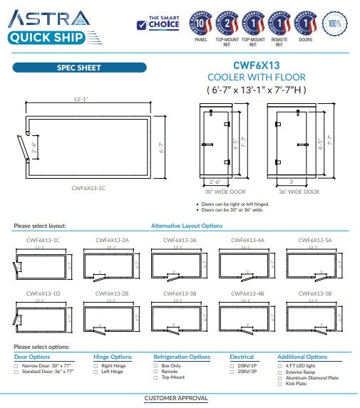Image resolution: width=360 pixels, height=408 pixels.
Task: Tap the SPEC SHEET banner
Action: pyautogui.click(x=79, y=68)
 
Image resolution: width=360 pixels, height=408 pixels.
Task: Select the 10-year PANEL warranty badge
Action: pyautogui.click(x=201, y=23)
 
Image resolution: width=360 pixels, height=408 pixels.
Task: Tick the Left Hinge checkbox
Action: pyautogui.click(x=96, y=372)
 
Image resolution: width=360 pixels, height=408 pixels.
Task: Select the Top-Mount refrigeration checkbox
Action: pyautogui.click(x=156, y=377)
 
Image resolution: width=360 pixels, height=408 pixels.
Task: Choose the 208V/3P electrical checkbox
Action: pyautogui.click(x=232, y=372)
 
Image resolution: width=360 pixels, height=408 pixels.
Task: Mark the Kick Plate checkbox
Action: pyautogui.click(x=280, y=383)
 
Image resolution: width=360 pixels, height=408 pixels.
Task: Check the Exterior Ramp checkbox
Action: pyautogui.click(x=280, y=372)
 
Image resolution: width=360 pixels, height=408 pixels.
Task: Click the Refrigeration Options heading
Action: pyautogui.click(x=182, y=357)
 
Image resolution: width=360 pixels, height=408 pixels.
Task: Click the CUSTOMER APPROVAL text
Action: pyautogui.click(x=175, y=398)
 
